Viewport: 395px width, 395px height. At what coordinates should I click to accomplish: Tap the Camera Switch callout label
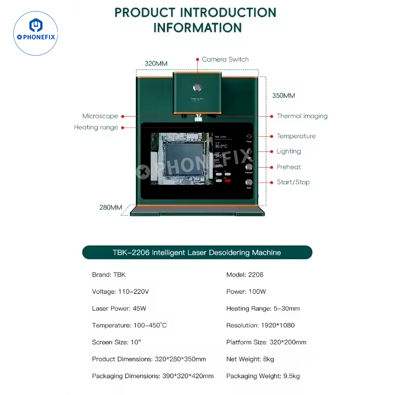click(x=225, y=59)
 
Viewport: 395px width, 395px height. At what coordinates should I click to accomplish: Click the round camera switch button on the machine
click(x=197, y=87)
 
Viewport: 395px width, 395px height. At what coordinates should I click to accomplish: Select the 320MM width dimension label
click(x=156, y=64)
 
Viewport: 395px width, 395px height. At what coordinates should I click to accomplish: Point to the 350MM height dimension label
click(x=284, y=96)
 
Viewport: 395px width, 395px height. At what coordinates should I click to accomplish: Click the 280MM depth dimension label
click(x=111, y=207)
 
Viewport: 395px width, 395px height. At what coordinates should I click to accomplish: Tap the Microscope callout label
click(x=100, y=116)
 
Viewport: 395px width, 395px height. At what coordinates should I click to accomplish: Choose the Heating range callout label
click(x=96, y=127)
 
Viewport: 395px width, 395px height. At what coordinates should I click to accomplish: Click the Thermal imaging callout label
click(x=302, y=116)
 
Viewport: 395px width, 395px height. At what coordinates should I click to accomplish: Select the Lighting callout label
click(x=289, y=151)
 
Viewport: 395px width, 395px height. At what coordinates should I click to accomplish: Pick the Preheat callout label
click(x=289, y=167)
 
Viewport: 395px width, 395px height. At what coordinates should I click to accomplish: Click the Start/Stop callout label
click(x=293, y=182)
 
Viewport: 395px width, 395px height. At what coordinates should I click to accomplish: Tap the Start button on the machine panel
click(x=249, y=183)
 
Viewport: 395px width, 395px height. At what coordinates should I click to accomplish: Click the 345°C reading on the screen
click(x=221, y=156)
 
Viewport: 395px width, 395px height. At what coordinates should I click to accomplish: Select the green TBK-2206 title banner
click(x=197, y=252)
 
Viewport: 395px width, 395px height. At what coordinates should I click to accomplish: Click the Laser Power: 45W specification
click(x=119, y=309)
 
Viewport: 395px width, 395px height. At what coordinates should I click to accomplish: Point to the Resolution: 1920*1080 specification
click(x=263, y=325)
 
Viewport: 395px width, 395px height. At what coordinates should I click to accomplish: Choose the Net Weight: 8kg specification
click(x=250, y=359)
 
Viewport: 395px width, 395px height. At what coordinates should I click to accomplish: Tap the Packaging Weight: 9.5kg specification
click(x=263, y=376)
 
